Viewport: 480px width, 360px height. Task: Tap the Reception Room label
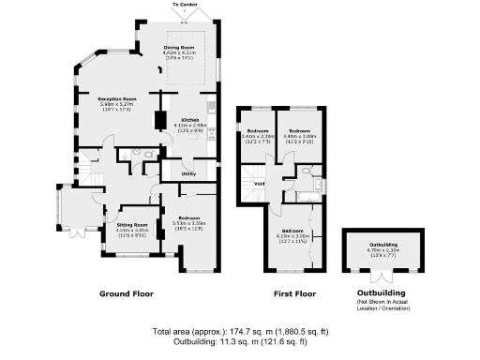pyautogui.click(x=118, y=97)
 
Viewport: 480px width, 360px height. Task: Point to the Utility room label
pyautogui.click(x=187, y=173)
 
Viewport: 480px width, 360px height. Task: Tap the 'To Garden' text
pyautogui.click(x=185, y=5)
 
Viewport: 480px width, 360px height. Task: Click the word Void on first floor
pyautogui.click(x=259, y=183)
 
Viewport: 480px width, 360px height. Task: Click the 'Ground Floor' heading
pyautogui.click(x=127, y=294)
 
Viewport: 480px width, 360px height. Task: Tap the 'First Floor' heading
pyautogui.click(x=291, y=294)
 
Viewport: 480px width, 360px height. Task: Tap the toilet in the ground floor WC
pyautogui.click(x=139, y=153)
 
